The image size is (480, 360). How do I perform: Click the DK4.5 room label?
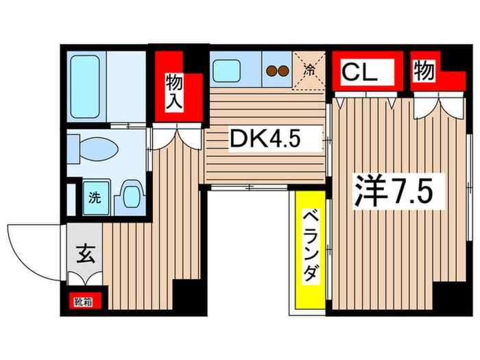click(265, 139)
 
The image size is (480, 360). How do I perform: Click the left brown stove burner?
click(272, 70)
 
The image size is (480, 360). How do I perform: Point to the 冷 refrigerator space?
click(310, 69)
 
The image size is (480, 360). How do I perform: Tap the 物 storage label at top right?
click(424, 70)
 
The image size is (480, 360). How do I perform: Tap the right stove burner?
click(283, 70)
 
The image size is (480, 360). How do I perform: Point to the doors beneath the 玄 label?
click(85, 278)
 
